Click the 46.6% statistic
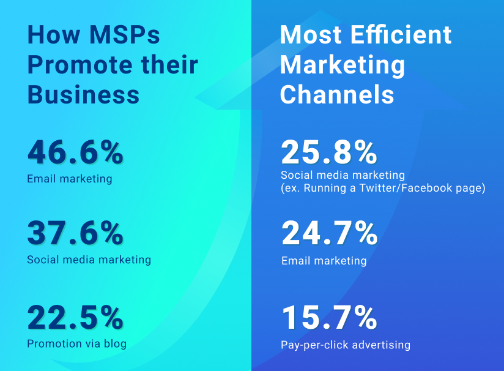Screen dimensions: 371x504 pyautogui.click(x=75, y=152)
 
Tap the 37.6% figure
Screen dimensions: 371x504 pyautogui.click(x=75, y=233)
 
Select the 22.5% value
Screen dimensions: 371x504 pyautogui.click(x=75, y=317)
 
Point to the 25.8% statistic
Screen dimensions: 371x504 pyautogui.click(x=329, y=152)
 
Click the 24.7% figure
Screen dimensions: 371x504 pyautogui.click(x=329, y=233)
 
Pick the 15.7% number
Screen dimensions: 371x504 pyautogui.click(x=329, y=317)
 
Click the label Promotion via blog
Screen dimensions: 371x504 pyautogui.click(x=76, y=343)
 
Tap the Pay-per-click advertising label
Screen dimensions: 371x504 pyautogui.click(x=346, y=345)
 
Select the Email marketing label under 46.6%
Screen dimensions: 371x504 pyautogui.click(x=69, y=179)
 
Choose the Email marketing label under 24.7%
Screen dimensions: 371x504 pyautogui.click(x=324, y=261)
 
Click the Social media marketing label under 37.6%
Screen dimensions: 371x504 pyautogui.click(x=89, y=260)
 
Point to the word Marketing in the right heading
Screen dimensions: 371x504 pyautogui.click(x=343, y=64)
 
